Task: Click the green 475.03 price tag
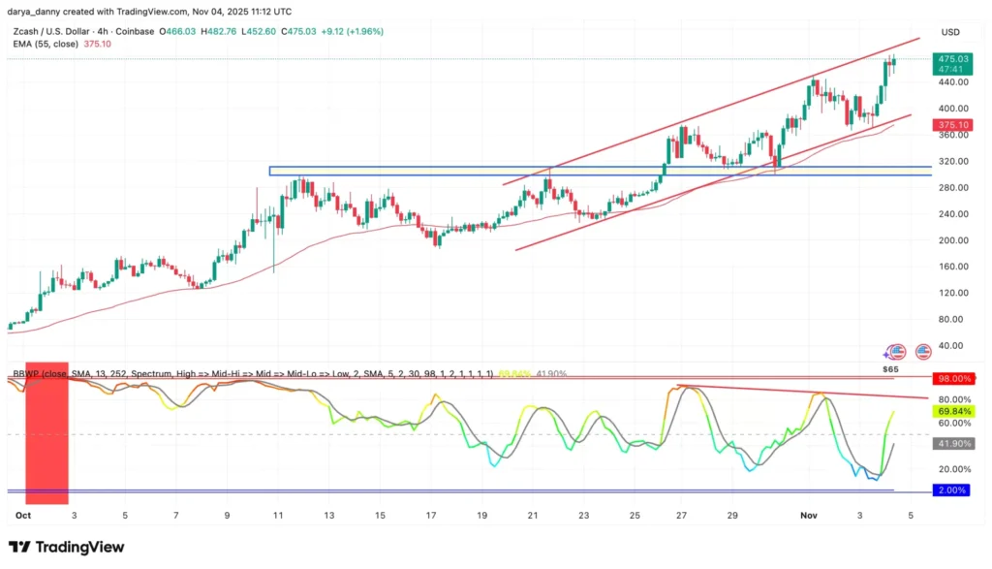(948, 59)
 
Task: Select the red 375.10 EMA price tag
(948, 125)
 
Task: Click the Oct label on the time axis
(24, 516)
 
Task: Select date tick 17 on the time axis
(429, 516)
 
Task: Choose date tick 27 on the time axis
(682, 516)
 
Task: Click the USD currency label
(949, 32)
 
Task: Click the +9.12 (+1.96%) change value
(352, 31)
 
